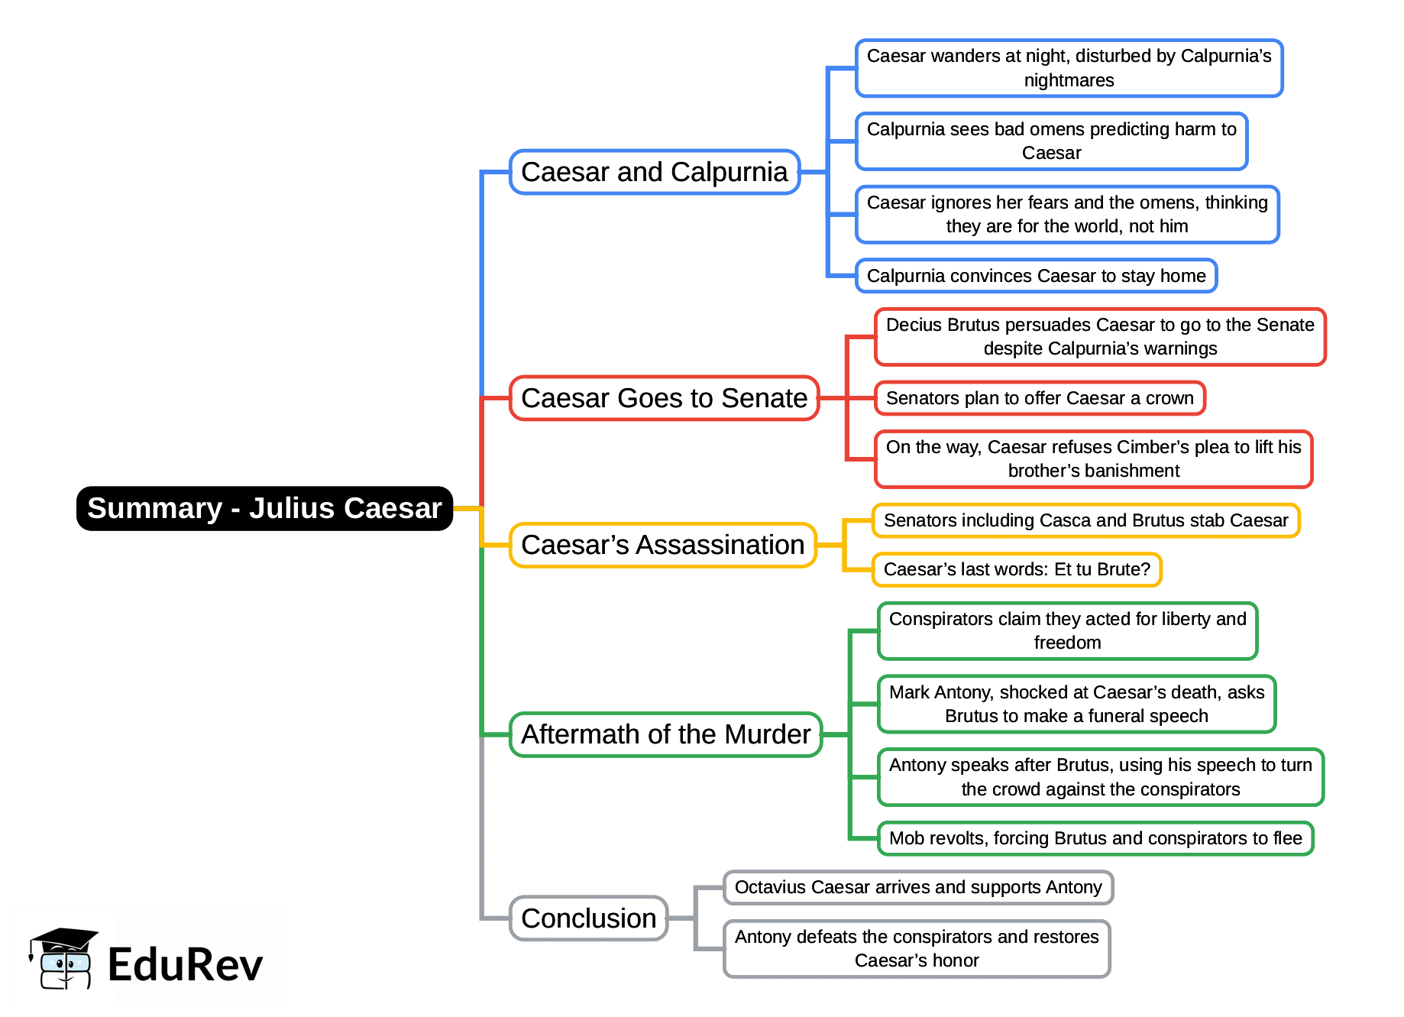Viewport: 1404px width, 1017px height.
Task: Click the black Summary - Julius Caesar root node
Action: pyautogui.click(x=264, y=508)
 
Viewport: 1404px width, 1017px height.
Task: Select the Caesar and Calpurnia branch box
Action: pyautogui.click(x=655, y=172)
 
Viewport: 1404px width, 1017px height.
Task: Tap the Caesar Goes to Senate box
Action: pyautogui.click(x=664, y=398)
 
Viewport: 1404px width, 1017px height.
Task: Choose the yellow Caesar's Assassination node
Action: pyautogui.click(x=662, y=545)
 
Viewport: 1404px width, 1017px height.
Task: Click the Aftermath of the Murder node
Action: pyautogui.click(x=665, y=734)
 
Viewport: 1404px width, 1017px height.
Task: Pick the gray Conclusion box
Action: pyautogui.click(x=588, y=918)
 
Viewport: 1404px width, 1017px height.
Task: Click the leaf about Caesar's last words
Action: pyautogui.click(x=1016, y=569)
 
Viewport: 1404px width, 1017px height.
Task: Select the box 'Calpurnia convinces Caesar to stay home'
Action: pyautogui.click(x=1036, y=276)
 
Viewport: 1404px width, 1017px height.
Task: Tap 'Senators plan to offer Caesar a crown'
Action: pyautogui.click(x=1039, y=398)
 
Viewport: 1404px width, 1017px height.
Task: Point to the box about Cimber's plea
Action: pyautogui.click(x=1093, y=458)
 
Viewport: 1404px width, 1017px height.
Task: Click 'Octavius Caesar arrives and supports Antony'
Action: pyautogui.click(x=917, y=887)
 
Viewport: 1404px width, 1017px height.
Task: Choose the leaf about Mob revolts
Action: pyautogui.click(x=1095, y=838)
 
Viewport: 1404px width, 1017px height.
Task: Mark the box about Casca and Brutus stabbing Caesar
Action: pyautogui.click(x=1085, y=520)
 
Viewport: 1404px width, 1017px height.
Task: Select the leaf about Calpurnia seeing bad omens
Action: pyautogui.click(x=1051, y=141)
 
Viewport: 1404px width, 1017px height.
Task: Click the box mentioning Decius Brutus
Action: pyautogui.click(x=1099, y=336)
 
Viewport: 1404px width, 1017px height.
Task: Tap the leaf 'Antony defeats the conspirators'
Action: pyautogui.click(x=917, y=948)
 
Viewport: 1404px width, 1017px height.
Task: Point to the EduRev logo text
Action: pyautogui.click(x=185, y=964)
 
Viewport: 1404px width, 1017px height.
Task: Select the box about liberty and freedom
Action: pyautogui.click(x=1067, y=630)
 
